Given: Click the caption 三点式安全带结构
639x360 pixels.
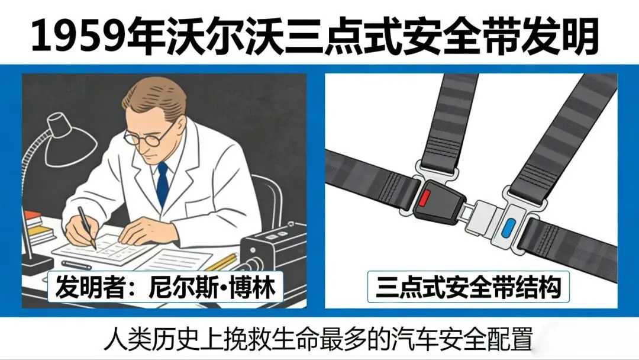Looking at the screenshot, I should coord(467,288).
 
